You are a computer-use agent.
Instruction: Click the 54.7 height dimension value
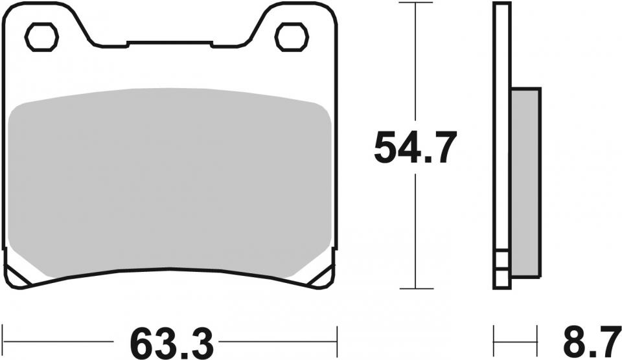(x=415, y=147)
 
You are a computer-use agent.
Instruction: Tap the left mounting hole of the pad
(x=41, y=38)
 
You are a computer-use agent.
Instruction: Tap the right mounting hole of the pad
(x=292, y=38)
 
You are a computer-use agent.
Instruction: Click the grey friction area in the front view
(x=169, y=183)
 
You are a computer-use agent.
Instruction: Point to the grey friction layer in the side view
(x=525, y=183)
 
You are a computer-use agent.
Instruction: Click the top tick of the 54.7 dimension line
(x=415, y=3)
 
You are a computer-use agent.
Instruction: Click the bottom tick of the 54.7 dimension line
(x=415, y=288)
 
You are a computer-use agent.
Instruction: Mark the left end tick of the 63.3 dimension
(x=3, y=341)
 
